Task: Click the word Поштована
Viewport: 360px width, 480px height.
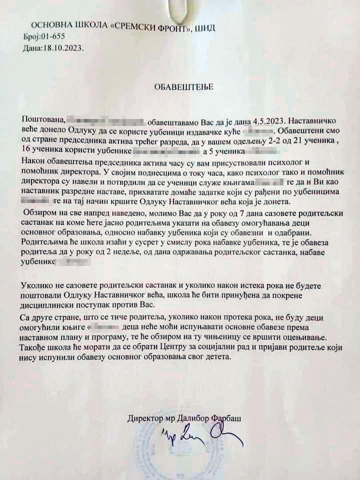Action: pyautogui.click(x=43, y=120)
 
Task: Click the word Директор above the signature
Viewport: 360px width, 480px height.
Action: pyautogui.click(x=144, y=417)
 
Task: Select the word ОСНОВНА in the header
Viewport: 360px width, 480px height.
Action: pyautogui.click(x=49, y=25)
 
